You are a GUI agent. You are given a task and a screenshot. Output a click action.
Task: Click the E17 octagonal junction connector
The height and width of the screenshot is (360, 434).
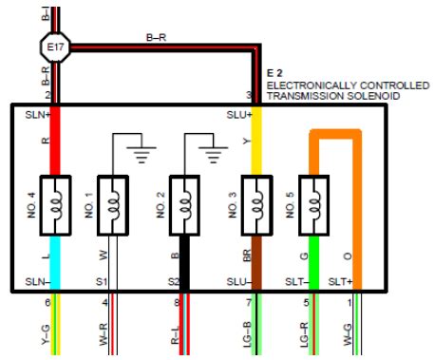point(55,47)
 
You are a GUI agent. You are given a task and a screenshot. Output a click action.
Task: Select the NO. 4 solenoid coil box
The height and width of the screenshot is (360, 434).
point(55,205)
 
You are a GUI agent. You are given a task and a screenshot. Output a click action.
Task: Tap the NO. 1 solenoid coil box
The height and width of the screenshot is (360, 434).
point(113,205)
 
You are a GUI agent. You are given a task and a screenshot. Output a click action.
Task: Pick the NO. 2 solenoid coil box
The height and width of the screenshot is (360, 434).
point(184,205)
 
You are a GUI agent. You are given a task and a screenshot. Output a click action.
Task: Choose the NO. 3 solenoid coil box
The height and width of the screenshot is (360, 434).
point(256,205)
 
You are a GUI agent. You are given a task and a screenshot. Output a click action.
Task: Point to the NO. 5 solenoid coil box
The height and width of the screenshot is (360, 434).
point(313,205)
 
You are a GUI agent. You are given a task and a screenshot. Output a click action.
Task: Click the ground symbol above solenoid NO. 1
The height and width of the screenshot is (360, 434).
point(142,155)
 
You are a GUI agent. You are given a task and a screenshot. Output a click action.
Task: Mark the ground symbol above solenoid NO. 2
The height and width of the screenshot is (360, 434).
point(213,155)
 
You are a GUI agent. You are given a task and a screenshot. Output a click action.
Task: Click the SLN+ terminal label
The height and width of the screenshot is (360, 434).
point(38,115)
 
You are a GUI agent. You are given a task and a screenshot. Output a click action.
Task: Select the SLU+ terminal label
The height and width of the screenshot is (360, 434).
point(239,115)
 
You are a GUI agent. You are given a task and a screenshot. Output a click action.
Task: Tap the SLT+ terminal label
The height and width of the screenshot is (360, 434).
point(340,281)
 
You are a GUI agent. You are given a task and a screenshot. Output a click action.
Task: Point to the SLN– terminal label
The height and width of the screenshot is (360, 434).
point(38,281)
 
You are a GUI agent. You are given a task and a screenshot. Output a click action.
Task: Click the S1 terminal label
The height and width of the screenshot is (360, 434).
point(102,281)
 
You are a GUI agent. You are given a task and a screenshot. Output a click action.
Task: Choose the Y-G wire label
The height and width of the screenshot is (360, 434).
point(47,335)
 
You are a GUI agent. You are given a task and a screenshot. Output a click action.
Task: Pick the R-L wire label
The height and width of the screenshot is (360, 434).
point(175,335)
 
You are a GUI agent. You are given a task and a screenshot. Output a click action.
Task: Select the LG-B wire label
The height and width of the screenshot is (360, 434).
point(247,334)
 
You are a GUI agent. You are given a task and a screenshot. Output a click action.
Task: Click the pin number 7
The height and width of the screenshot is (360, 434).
point(249,303)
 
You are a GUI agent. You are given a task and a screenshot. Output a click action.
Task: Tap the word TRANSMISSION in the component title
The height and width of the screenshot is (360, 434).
point(305,96)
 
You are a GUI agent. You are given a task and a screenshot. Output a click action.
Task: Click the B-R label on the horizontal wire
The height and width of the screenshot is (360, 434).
point(156,38)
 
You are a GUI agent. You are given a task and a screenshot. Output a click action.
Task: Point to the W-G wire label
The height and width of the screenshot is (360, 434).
point(348,334)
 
